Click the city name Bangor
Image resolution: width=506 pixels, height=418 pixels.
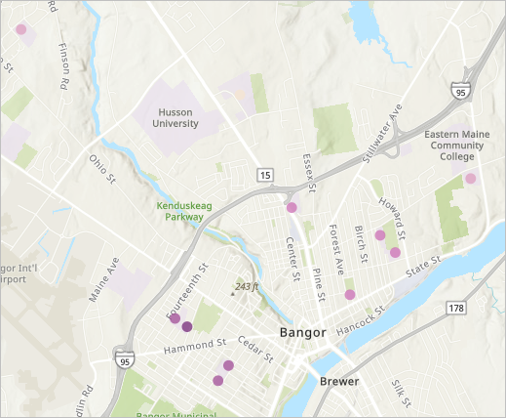point(304,333)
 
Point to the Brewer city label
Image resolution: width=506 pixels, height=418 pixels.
point(338,381)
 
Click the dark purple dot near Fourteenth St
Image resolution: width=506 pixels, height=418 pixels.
point(186,327)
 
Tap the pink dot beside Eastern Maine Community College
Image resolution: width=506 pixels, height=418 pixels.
point(471,179)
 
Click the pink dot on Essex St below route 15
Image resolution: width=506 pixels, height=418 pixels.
point(292,207)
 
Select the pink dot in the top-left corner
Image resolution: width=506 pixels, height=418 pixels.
point(20,29)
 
